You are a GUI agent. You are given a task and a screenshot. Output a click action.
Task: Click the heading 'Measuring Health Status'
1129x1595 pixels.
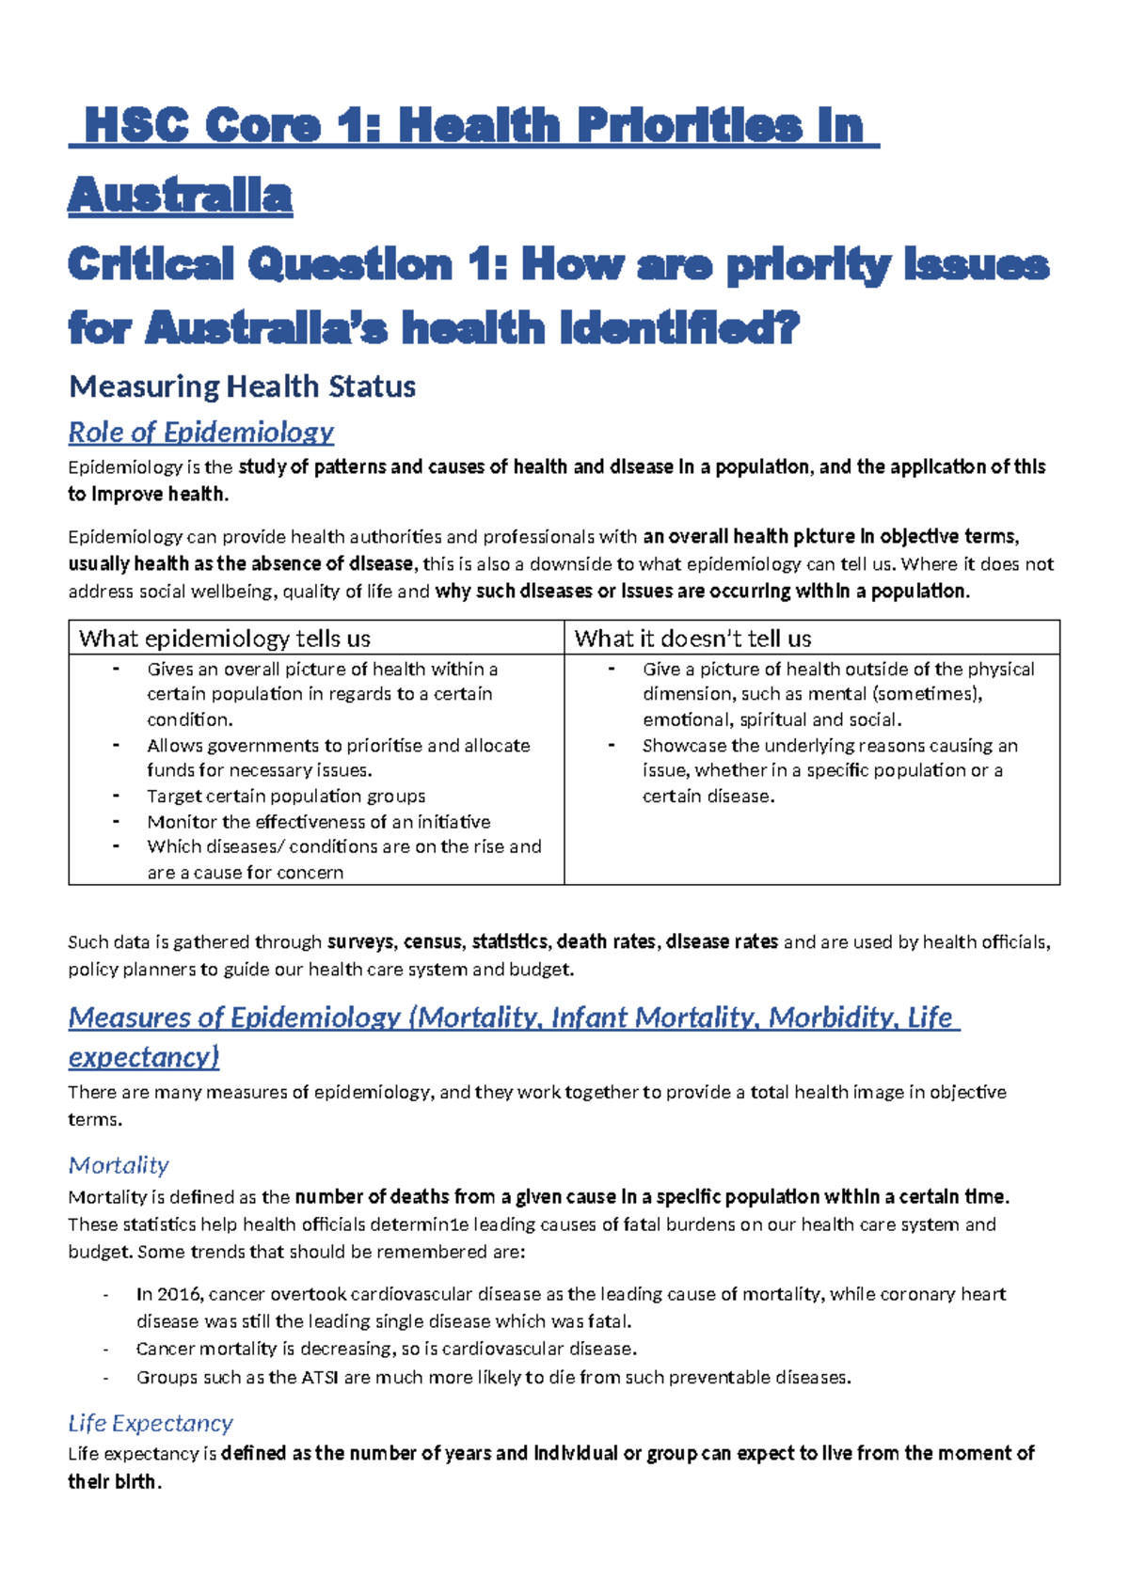[x=242, y=387]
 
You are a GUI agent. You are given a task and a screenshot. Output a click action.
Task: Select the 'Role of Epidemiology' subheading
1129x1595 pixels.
[x=200, y=432]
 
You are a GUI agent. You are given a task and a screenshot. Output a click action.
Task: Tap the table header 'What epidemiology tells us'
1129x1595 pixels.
[x=225, y=639]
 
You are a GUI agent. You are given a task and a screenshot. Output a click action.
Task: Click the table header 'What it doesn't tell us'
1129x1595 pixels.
[x=692, y=639]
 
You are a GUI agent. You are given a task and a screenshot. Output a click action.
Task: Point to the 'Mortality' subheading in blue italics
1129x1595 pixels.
[x=119, y=1165]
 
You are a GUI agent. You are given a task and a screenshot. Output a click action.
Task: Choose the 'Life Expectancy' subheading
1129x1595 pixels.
[x=151, y=1423]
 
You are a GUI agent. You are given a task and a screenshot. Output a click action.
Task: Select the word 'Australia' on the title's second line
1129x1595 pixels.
[x=181, y=196]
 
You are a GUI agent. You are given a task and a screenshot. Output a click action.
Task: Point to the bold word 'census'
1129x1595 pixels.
[x=433, y=941]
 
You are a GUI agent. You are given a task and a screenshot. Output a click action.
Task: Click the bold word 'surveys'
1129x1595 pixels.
[x=361, y=941]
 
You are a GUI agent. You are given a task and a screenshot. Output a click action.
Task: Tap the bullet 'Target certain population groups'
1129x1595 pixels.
[x=286, y=796]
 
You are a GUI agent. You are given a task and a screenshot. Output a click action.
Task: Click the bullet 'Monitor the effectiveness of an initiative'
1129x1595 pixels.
[x=318, y=821]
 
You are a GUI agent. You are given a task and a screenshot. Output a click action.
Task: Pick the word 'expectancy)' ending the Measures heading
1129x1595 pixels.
[x=144, y=1057]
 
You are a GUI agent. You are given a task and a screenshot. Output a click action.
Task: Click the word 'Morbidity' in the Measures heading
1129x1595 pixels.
[x=831, y=1018]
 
